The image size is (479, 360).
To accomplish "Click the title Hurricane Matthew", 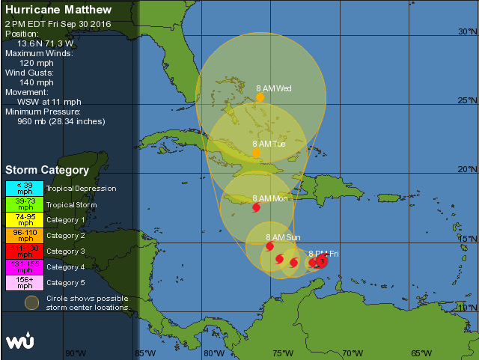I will coord(58,10).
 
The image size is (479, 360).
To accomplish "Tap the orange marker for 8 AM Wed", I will coord(260,97).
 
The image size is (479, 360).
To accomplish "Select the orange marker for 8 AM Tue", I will coord(256,153).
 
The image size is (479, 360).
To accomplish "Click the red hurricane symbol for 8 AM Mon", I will coord(257,207).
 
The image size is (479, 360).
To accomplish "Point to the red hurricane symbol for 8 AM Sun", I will coord(270,245).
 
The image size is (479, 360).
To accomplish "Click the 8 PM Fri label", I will coord(323,254).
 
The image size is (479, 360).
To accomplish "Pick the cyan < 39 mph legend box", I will coord(25,189).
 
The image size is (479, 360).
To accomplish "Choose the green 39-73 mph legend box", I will coord(25,204).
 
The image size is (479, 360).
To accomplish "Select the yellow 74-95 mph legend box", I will coord(25,220).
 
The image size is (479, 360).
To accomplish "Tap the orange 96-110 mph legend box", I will coord(25,236).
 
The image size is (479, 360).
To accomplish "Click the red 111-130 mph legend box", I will coord(25,251).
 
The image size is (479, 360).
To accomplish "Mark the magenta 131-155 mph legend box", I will coord(25,267).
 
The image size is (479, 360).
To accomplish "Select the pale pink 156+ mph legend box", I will coord(25,283).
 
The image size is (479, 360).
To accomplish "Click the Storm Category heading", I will coord(47,170).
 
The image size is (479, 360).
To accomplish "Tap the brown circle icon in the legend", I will coord(31,303).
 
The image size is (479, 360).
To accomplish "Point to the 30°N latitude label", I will coord(466,32).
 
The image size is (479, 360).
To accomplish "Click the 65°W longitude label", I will coord(421,353).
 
